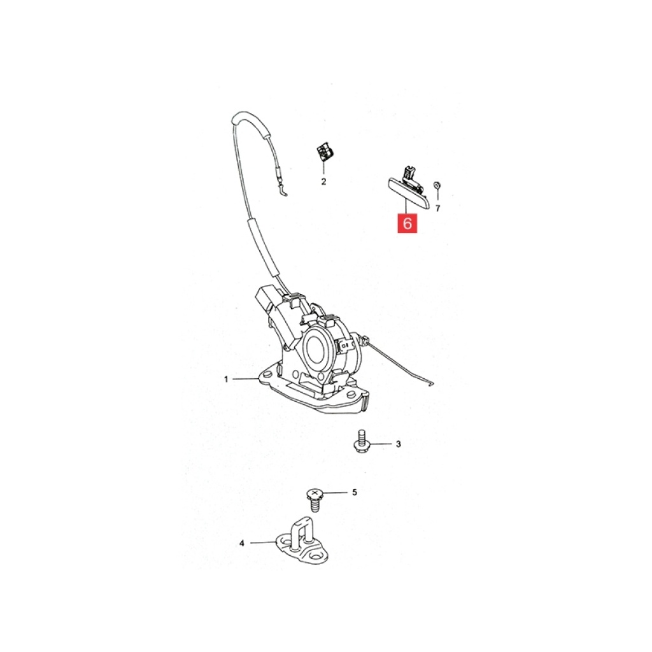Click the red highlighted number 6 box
[407, 223]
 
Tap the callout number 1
[226, 379]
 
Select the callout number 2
[323, 181]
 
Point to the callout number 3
[399, 444]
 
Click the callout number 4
[241, 543]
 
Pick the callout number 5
[354, 492]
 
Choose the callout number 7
[437, 208]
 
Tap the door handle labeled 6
[406, 188]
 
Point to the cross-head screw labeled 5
[316, 500]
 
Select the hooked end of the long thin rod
[431, 384]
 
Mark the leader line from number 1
[245, 379]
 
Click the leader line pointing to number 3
[381, 444]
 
